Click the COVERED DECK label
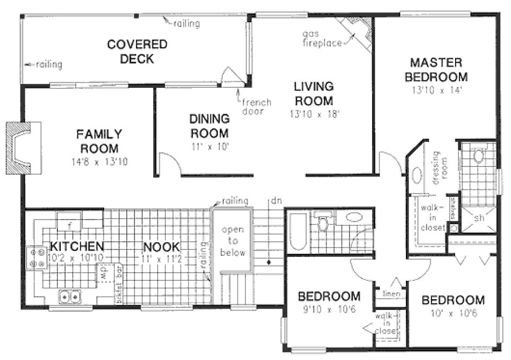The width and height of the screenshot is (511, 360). [130, 51]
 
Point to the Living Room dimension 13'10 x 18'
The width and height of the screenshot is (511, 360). [314, 113]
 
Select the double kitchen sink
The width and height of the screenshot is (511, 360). [70, 297]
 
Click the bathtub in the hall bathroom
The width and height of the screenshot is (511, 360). [297, 233]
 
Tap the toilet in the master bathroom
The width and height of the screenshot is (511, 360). [478, 157]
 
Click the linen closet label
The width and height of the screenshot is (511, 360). [391, 294]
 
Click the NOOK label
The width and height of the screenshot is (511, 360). [158, 247]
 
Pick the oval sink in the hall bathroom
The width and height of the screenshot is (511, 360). [355, 217]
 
